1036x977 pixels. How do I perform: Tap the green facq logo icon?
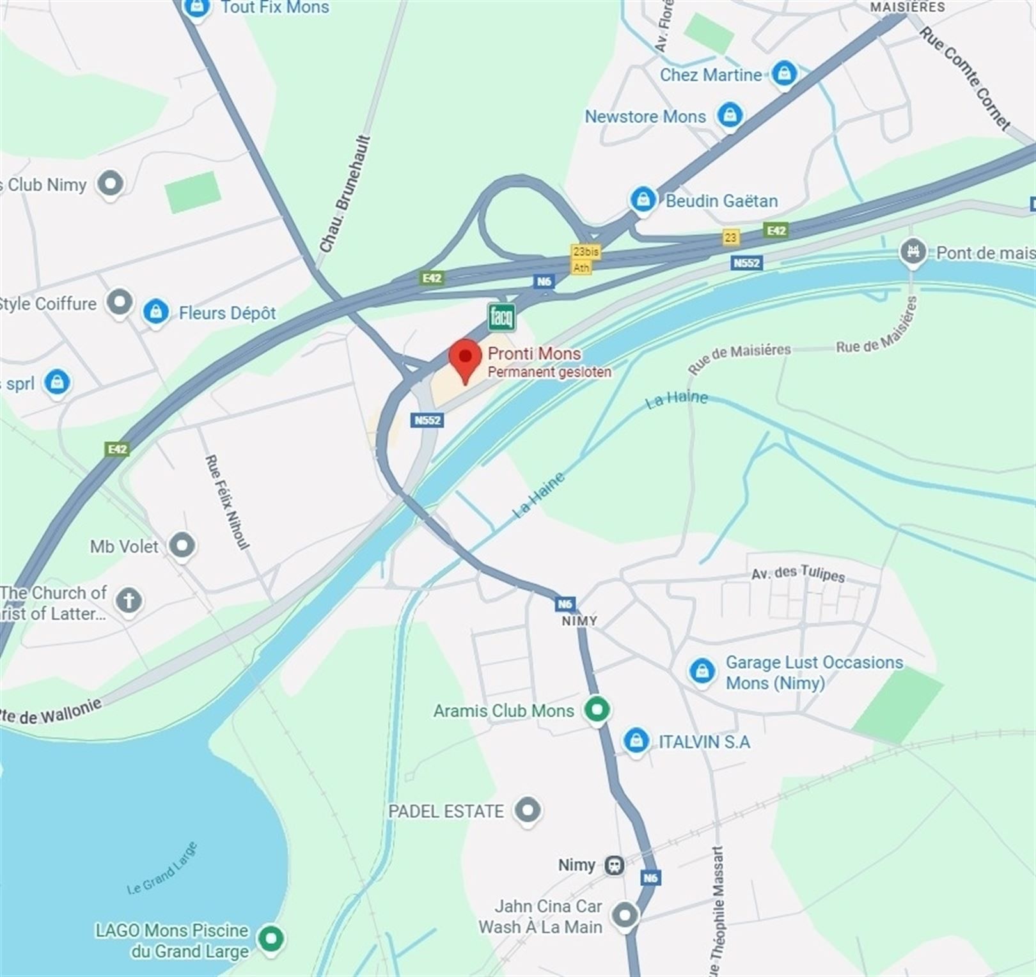pyautogui.click(x=501, y=317)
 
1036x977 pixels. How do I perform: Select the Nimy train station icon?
pyautogui.click(x=615, y=865)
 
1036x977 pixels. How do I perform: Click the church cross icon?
pyautogui.click(x=129, y=600)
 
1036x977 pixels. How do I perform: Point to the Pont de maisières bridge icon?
pyautogui.click(x=913, y=251)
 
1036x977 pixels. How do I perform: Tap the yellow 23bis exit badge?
pyautogui.click(x=585, y=251)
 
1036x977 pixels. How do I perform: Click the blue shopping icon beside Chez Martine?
pyautogui.click(x=784, y=74)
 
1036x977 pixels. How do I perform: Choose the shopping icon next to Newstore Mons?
pyautogui.click(x=730, y=116)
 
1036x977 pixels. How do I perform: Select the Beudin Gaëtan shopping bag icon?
pyautogui.click(x=643, y=199)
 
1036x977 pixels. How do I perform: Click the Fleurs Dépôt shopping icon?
pyautogui.click(x=155, y=312)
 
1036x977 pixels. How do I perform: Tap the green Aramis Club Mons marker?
pyautogui.click(x=597, y=709)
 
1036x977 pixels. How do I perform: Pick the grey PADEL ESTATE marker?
pyautogui.click(x=528, y=811)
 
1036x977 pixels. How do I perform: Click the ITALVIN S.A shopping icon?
pyautogui.click(x=636, y=740)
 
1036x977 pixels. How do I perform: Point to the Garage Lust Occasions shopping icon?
pyautogui.click(x=702, y=671)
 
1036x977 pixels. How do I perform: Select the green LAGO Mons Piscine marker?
pyautogui.click(x=271, y=939)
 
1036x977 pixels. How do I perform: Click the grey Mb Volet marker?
pyautogui.click(x=182, y=545)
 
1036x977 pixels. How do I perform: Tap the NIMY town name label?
pyautogui.click(x=579, y=621)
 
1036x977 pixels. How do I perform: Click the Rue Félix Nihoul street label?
pyautogui.click(x=226, y=502)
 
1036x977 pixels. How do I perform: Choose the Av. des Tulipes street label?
pyautogui.click(x=798, y=573)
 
